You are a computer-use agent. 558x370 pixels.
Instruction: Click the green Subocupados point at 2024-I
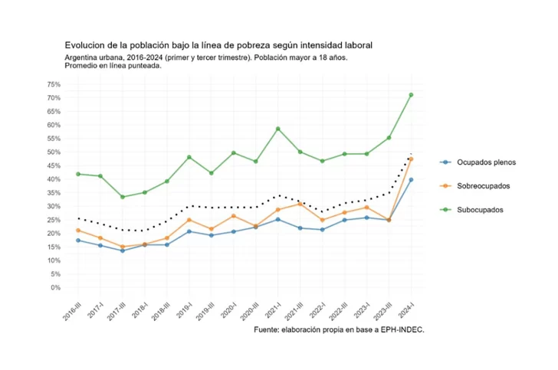(x=411, y=95)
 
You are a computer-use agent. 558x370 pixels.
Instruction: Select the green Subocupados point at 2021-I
(x=278, y=129)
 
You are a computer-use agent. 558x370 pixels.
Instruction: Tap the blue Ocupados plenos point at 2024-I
(x=411, y=180)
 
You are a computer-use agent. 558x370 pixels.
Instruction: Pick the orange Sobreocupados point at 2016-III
(x=78, y=231)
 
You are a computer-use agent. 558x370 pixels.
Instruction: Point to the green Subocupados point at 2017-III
(x=123, y=197)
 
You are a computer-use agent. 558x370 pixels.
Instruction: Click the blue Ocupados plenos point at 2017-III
(x=123, y=250)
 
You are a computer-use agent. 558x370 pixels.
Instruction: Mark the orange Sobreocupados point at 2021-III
(x=300, y=204)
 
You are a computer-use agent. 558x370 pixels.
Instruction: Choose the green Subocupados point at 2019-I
(x=189, y=157)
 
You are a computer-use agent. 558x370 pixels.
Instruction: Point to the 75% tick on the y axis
(x=54, y=84)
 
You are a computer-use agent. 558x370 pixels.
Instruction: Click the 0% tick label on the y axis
(x=55, y=288)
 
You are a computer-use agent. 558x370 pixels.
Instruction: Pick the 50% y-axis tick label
(x=54, y=152)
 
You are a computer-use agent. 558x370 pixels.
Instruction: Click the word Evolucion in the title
(x=87, y=45)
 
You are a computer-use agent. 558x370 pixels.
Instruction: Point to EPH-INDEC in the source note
(x=398, y=330)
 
